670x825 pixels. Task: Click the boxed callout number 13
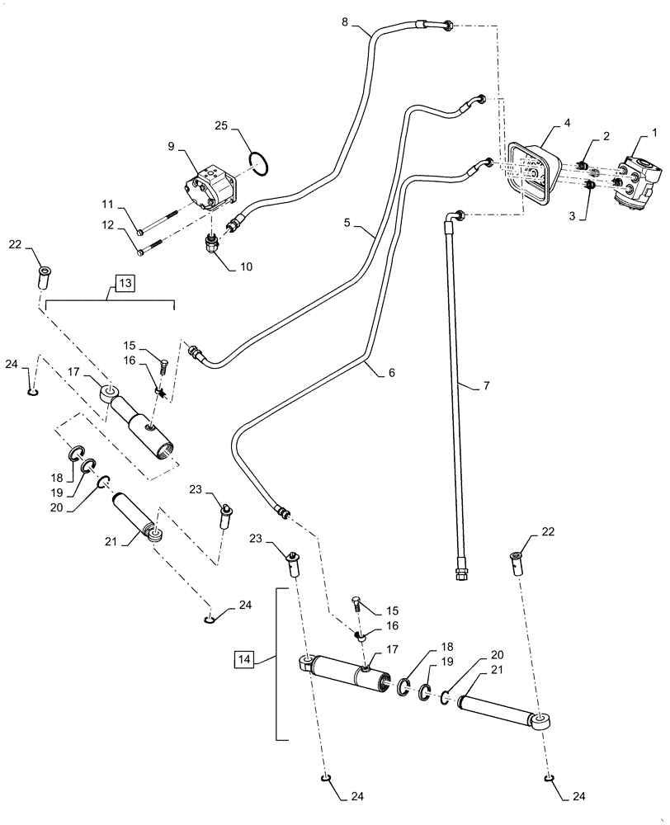click(123, 284)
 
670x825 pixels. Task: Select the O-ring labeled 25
click(260, 163)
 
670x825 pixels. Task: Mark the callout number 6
click(391, 373)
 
